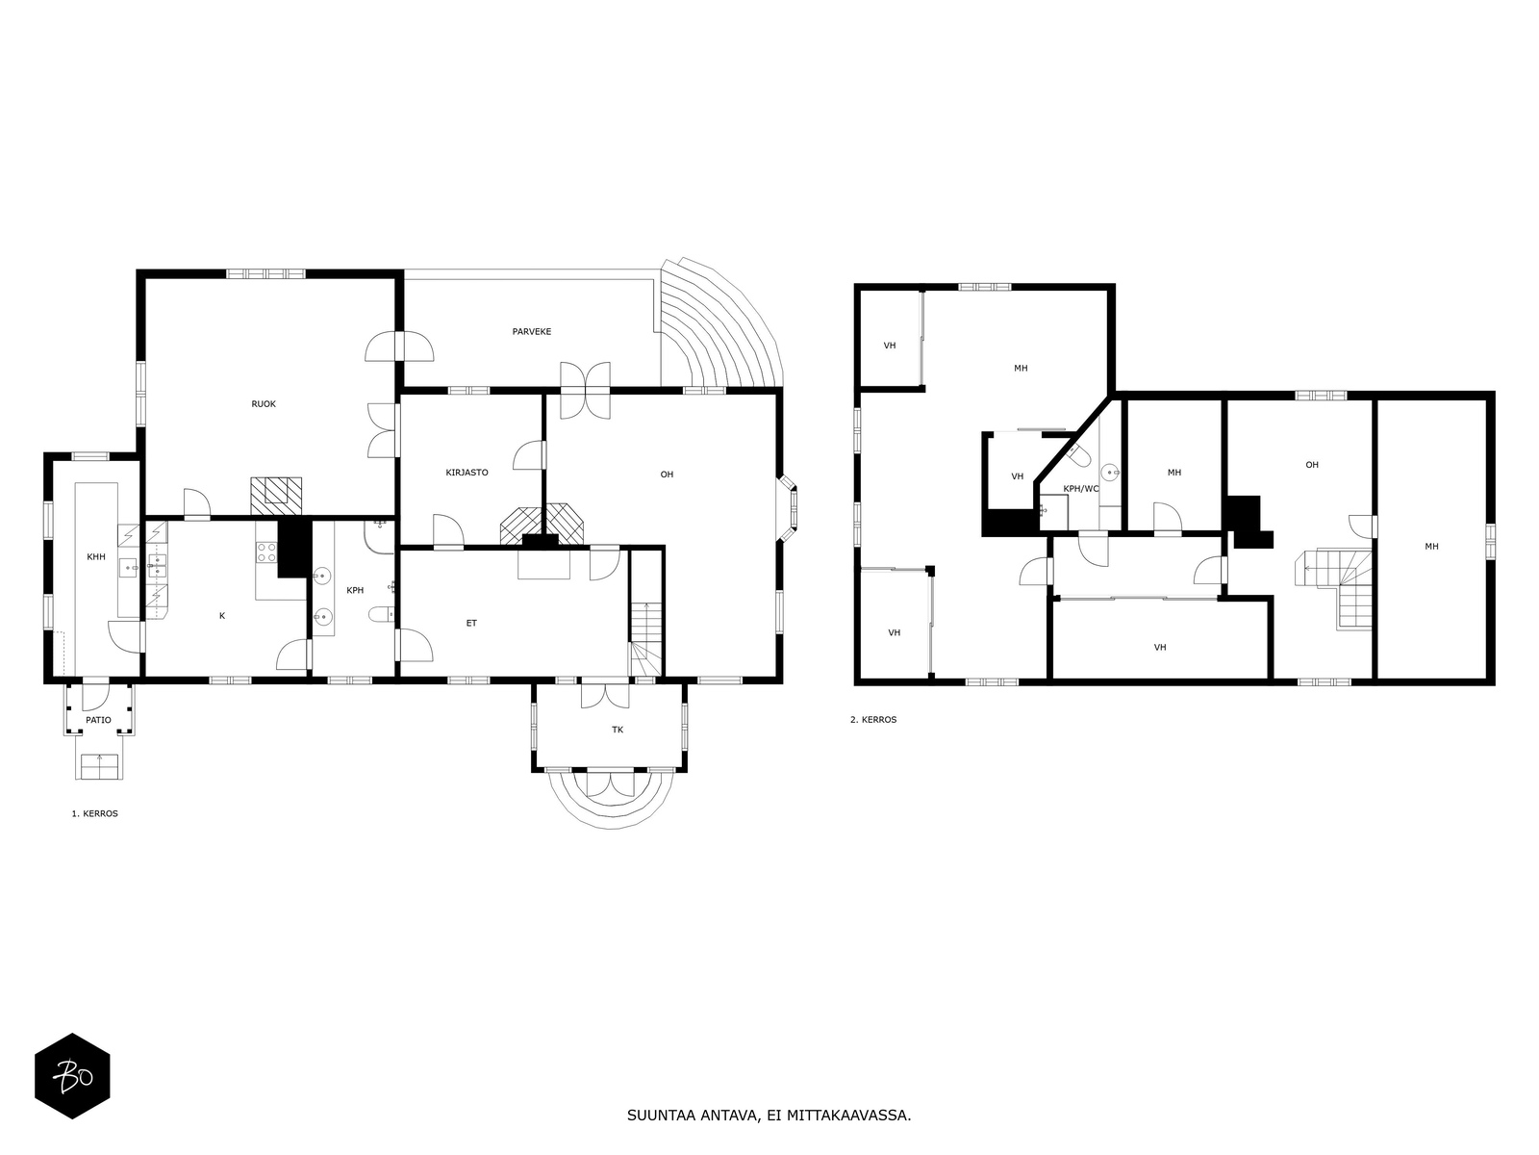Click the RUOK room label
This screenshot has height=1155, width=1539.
pyautogui.click(x=264, y=404)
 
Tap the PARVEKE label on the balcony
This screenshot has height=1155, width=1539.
pyautogui.click(x=532, y=332)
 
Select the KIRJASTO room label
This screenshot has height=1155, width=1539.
pyautogui.click(x=467, y=473)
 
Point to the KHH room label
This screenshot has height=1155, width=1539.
pyautogui.click(x=96, y=557)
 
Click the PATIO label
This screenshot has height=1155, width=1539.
pyautogui.click(x=98, y=720)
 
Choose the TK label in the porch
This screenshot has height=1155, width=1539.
pyautogui.click(x=618, y=730)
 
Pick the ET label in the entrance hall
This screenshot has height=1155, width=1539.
pyautogui.click(x=472, y=624)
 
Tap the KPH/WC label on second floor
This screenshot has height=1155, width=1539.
pyautogui.click(x=1081, y=489)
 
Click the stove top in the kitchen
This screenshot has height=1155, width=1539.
pyautogui.click(x=266, y=552)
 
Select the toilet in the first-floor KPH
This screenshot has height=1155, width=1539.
pyautogui.click(x=382, y=615)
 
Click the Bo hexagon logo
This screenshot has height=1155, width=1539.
pyautogui.click(x=72, y=1076)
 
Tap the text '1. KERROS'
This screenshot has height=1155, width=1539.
pyautogui.click(x=94, y=814)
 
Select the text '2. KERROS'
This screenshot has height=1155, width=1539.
pyautogui.click(x=873, y=720)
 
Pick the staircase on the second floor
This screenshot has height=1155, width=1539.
pyautogui.click(x=1333, y=589)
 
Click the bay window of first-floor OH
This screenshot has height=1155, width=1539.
pyautogui.click(x=790, y=508)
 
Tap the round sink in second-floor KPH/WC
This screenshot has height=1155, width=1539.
pyautogui.click(x=1109, y=471)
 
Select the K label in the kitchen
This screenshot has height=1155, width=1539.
pyautogui.click(x=222, y=616)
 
